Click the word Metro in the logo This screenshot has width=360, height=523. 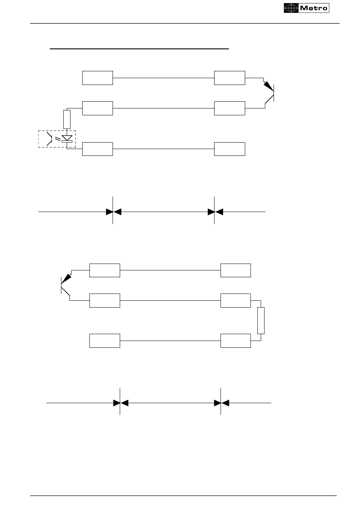(x=313, y=8)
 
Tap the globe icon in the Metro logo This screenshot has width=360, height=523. (x=292, y=8)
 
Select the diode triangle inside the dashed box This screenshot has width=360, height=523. (x=67, y=137)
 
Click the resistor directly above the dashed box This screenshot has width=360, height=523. (x=67, y=119)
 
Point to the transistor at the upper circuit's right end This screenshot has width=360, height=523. (x=270, y=93)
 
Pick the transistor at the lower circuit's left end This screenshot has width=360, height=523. (x=65, y=285)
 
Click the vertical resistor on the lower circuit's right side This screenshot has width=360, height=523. (x=261, y=321)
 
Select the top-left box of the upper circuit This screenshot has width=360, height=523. (x=97, y=78)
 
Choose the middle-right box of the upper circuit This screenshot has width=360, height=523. (x=229, y=108)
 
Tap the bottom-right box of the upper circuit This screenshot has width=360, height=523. (x=229, y=149)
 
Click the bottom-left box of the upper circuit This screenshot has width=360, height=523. (x=97, y=149)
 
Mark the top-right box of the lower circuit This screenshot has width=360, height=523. (x=235, y=270)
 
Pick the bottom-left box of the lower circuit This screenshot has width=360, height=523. (x=105, y=341)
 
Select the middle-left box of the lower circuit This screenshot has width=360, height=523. (x=105, y=300)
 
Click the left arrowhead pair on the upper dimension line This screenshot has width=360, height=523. (x=113, y=212)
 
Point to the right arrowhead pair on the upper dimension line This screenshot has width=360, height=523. (x=214, y=212)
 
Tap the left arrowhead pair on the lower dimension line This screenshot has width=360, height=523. (x=120, y=403)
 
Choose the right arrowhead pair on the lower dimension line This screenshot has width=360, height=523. (x=221, y=403)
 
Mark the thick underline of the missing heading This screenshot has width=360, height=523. (x=139, y=49)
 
